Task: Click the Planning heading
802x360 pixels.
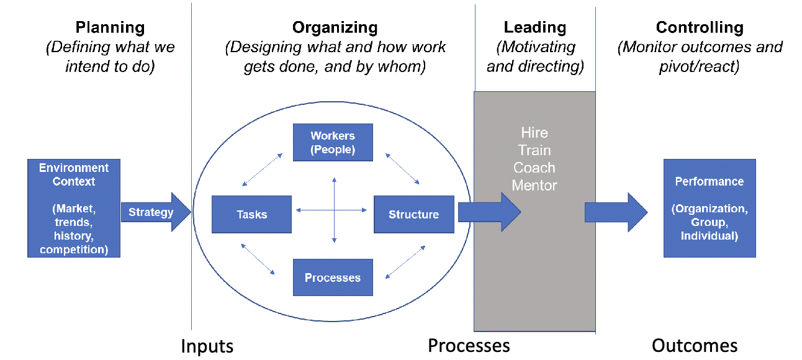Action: click(110, 27)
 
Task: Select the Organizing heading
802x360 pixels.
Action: click(335, 27)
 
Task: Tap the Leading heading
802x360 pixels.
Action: click(535, 27)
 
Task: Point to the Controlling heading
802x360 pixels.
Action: click(700, 27)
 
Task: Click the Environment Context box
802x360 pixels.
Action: click(74, 209)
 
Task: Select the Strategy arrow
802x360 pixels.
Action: click(156, 212)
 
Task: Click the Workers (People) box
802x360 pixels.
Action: click(333, 142)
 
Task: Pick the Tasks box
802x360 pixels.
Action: click(251, 214)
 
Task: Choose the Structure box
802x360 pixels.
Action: click(414, 214)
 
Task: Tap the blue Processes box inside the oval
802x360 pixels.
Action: click(333, 277)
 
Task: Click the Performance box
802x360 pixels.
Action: click(710, 209)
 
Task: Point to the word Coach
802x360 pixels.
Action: click(534, 168)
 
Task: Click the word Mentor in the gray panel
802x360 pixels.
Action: click(534, 186)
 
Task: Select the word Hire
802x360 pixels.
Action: click(534, 133)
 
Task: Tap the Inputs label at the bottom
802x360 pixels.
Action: click(207, 346)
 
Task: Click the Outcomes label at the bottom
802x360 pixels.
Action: click(695, 346)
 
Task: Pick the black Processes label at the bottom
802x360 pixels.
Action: click(469, 346)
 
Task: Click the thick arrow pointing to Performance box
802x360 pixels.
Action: click(616, 212)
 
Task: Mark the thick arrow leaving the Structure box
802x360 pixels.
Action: click(489, 212)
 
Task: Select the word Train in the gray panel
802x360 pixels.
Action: click(534, 150)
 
